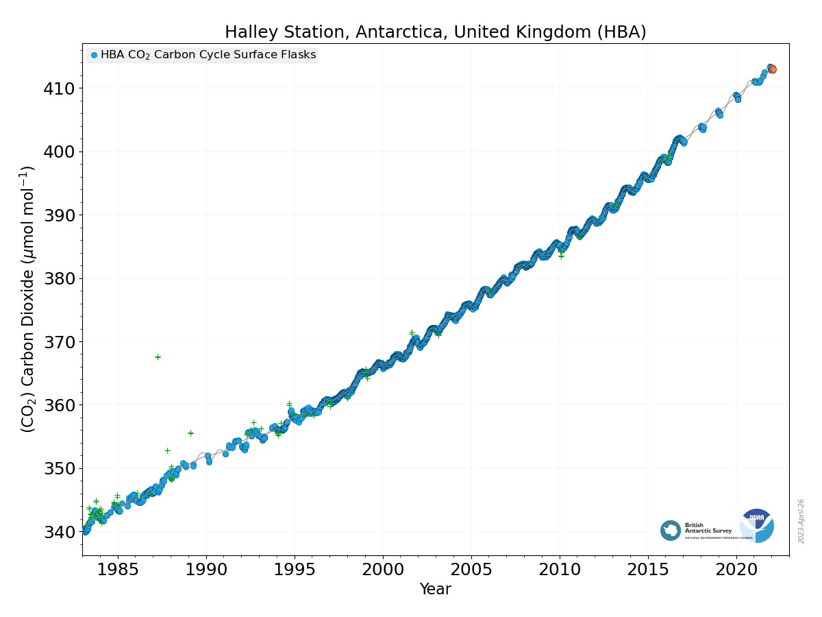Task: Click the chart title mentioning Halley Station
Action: click(x=435, y=32)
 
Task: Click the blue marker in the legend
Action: click(x=94, y=56)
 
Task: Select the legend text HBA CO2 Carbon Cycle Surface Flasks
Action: click(x=208, y=56)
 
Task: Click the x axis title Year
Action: click(x=435, y=590)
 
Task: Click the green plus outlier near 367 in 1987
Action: click(x=158, y=357)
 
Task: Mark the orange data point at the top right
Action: click(x=773, y=69)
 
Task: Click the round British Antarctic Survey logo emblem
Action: click(x=671, y=530)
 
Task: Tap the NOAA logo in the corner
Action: click(x=757, y=526)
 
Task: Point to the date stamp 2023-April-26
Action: click(x=801, y=521)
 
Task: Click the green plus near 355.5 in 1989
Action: click(x=190, y=433)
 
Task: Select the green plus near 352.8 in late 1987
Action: click(x=167, y=450)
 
